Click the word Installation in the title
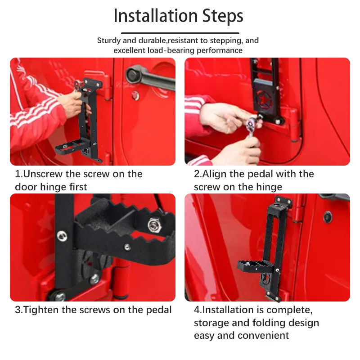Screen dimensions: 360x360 click(156, 16)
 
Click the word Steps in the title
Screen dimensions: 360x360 click(223, 16)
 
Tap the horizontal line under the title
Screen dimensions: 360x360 click(180, 33)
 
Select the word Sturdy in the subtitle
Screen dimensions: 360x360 click(109, 40)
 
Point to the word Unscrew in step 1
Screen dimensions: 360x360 click(43, 174)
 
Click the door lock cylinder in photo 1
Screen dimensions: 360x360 click(135, 95)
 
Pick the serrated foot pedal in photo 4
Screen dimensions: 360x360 click(255, 266)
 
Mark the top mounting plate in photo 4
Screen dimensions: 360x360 click(283, 201)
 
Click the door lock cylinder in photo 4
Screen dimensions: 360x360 click(327, 217)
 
